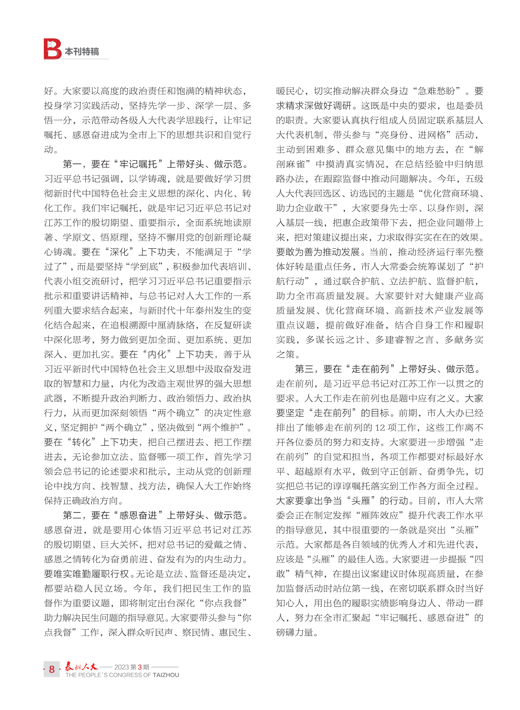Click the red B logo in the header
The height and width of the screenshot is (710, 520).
coord(52,49)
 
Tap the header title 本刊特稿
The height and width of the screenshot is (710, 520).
coord(82,52)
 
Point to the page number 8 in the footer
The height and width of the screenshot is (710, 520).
coord(52,669)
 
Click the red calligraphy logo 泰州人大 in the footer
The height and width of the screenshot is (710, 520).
coord(81,666)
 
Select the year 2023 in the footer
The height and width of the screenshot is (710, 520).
coord(121,667)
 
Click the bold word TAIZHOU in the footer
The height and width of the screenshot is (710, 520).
coord(166,675)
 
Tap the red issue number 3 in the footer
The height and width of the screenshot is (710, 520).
coord(140,667)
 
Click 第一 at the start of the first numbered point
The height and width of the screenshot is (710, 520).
coord(72,164)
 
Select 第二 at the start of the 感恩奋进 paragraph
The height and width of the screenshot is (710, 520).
coord(72,516)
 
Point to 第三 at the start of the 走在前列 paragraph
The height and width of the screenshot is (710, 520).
coord(304,369)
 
